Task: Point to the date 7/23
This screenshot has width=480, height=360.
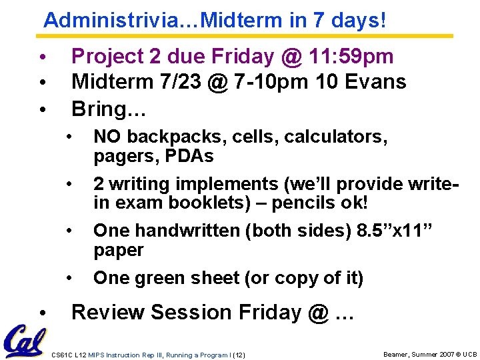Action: coord(170,82)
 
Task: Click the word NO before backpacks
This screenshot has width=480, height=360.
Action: coord(108,137)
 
